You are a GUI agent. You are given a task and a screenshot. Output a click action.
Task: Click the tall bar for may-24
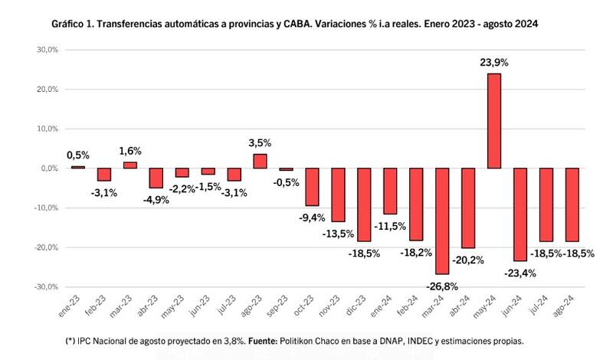pos(494,120)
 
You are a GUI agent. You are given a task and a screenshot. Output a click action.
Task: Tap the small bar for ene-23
pos(78,167)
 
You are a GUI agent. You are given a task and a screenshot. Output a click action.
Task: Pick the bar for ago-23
pos(260,161)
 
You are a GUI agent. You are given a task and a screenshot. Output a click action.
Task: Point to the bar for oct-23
pos(312,187)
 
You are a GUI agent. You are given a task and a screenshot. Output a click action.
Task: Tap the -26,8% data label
pos(442,286)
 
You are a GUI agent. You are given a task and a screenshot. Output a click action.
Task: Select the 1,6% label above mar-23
pos(130,151)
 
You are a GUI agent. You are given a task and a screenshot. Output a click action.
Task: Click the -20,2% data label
pos(468,260)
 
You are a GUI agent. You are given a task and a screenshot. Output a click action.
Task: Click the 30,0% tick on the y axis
pos(48,50)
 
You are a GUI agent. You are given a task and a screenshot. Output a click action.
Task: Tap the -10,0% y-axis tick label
pos(46,208)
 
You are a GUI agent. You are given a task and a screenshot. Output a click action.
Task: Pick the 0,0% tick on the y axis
pos(49,168)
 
